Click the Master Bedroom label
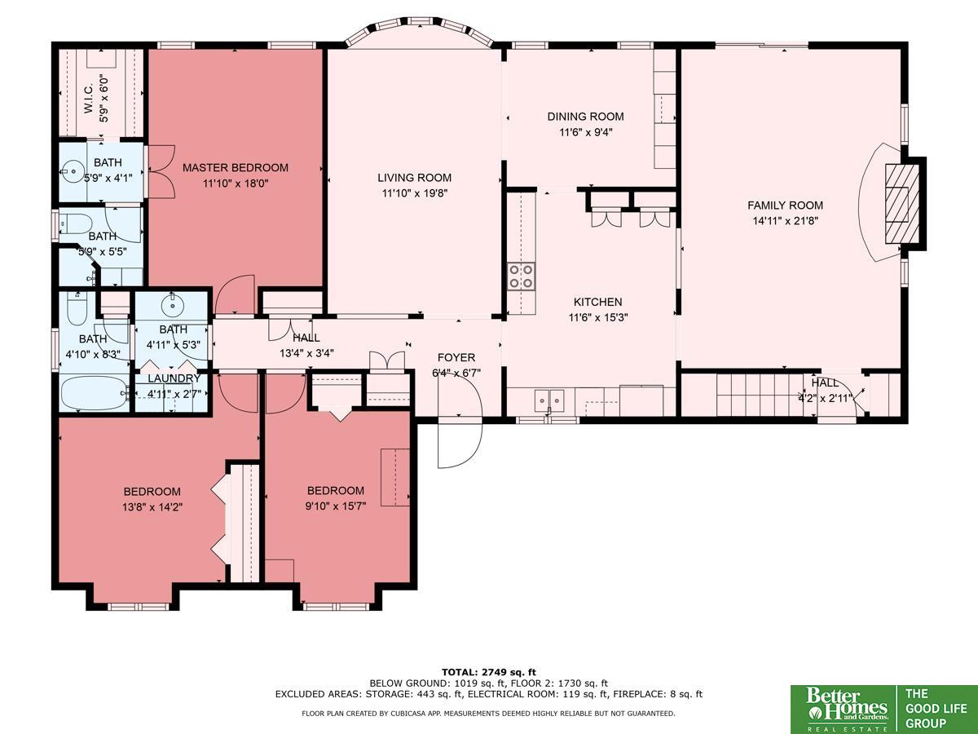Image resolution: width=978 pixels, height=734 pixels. tap(236, 168)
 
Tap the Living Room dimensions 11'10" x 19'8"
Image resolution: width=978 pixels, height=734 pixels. tap(414, 193)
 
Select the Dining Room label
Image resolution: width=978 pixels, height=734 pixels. tap(585, 117)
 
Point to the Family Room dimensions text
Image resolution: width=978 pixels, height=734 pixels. tap(785, 220)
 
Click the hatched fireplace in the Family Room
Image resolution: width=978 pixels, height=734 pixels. tap(902, 204)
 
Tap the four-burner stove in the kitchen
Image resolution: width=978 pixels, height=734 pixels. tap(522, 276)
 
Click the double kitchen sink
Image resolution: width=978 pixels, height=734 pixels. tap(549, 400)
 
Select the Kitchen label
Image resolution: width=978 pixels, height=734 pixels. tap(597, 302)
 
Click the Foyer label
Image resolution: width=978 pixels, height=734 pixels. tap(456, 357)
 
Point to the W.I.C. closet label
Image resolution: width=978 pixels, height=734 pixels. tap(88, 97)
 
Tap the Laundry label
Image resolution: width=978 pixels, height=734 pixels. tap(174, 378)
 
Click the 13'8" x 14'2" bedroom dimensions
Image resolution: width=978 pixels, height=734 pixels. tap(152, 507)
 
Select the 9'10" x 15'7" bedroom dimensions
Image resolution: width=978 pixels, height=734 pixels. tap(336, 506)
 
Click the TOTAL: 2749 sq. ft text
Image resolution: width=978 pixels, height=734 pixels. tap(489, 672)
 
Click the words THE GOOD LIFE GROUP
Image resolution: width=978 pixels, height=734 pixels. tap(936, 709)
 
